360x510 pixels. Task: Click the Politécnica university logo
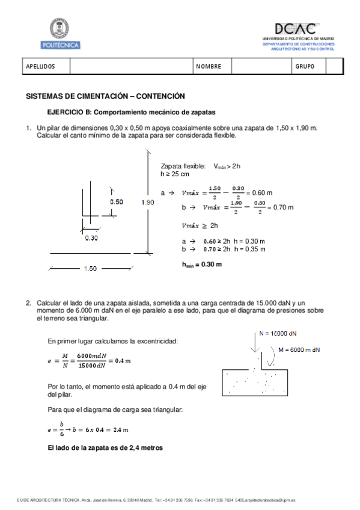click(60, 33)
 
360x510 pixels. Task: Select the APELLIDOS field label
click(40, 67)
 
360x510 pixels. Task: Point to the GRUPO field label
click(304, 67)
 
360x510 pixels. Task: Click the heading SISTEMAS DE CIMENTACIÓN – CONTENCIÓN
click(105, 96)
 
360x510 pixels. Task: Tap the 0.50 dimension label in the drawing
click(116, 202)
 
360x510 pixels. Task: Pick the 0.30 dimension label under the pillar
click(91, 238)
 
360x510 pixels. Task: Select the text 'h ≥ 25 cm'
click(175, 174)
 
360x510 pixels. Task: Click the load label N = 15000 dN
click(277, 333)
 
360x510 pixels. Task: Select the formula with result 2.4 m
click(88, 429)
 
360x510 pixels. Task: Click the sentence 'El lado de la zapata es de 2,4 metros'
click(105, 448)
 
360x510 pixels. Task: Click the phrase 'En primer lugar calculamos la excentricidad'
click(112, 340)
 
